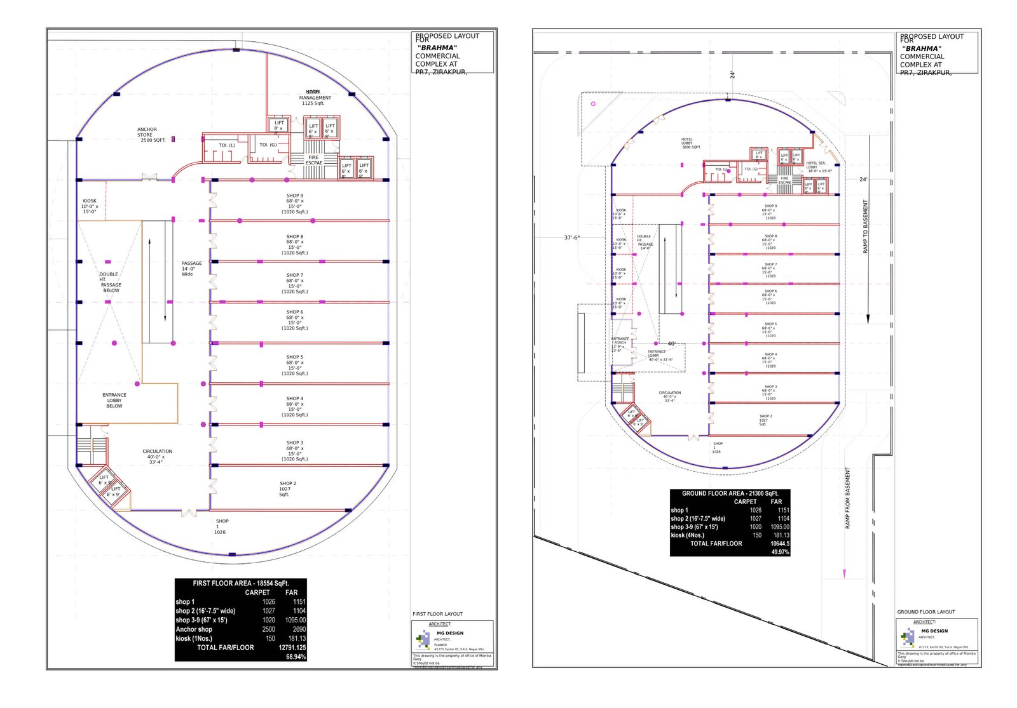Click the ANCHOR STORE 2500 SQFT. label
[x=151, y=135]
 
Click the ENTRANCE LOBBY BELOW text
[x=114, y=400]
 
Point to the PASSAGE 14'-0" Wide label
[x=191, y=269]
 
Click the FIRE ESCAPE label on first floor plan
[x=314, y=160]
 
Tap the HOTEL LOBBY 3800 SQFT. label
[x=690, y=143]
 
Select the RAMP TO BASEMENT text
[x=865, y=227]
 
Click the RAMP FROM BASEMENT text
[x=847, y=498]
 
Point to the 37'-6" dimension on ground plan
[x=571, y=237]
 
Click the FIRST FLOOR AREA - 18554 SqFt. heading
[x=241, y=583]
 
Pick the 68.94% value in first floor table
[x=296, y=657]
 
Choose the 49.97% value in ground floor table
[x=780, y=552]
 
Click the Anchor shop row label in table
[x=194, y=629]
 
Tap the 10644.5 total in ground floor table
[x=779, y=544]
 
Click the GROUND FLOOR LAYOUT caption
[x=925, y=612]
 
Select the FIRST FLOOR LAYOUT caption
[x=437, y=614]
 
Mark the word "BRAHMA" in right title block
[x=922, y=48]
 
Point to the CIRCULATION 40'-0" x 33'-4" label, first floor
[x=157, y=457]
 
